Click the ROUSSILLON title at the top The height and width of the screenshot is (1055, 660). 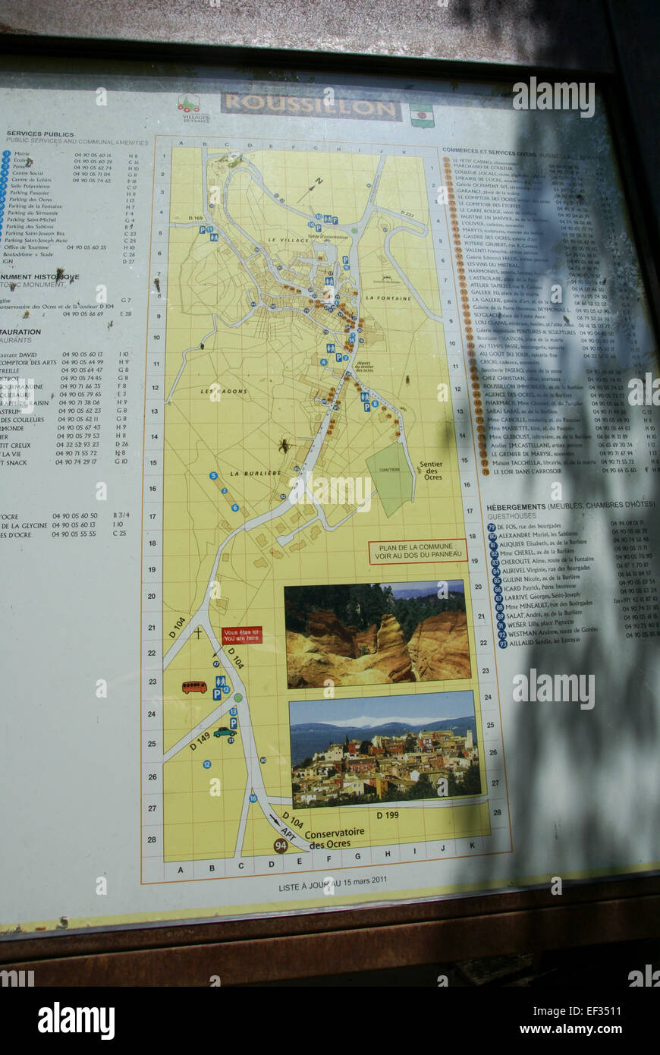pos(310,107)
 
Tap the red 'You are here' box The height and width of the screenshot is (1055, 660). pos(241,635)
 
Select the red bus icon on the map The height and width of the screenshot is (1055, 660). pos(194,687)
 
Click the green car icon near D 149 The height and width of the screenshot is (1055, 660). pos(225,732)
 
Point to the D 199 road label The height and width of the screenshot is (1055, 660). pos(388,815)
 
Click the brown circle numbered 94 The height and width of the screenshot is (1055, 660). pos(281,846)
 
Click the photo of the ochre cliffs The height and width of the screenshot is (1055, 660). pos(377,635)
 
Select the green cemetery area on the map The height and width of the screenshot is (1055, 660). pos(390,478)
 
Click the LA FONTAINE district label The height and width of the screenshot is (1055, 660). pos(388,298)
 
